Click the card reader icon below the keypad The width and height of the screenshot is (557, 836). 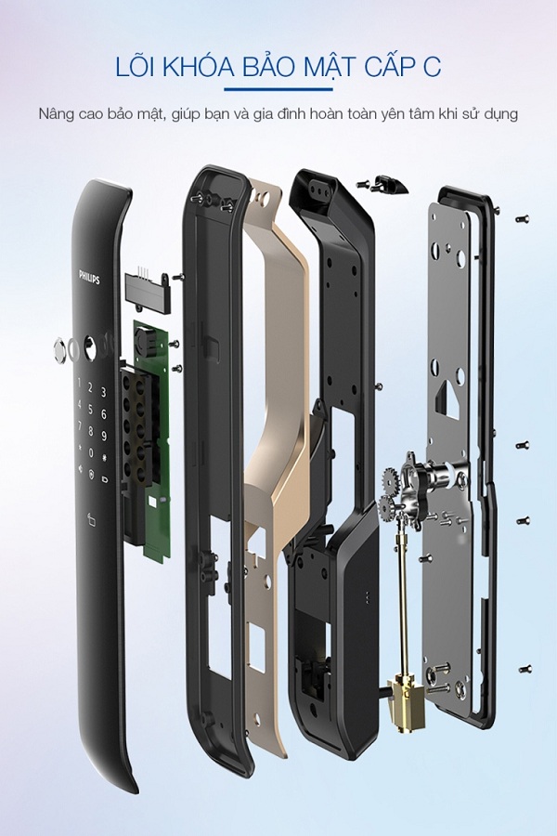(x=90, y=519)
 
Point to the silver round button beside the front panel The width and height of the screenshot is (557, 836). (x=62, y=351)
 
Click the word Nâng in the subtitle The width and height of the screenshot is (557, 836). (x=59, y=115)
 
